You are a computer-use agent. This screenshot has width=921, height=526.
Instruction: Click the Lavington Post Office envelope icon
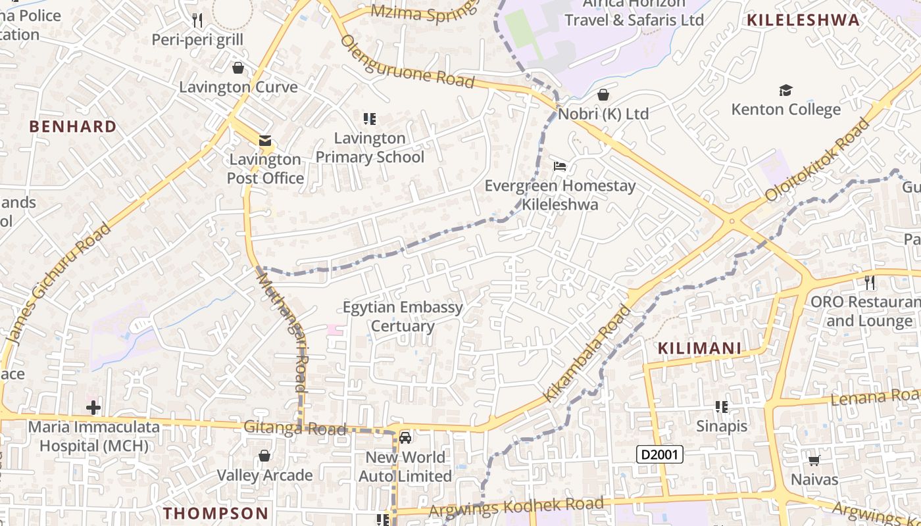(x=264, y=141)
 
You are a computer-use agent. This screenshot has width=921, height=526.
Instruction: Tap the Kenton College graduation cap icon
(x=785, y=91)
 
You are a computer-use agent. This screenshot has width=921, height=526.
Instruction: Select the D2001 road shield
(x=660, y=454)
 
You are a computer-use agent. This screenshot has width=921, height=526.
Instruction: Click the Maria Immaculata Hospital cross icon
(x=93, y=408)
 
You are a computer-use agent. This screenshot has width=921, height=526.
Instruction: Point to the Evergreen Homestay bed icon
(x=560, y=166)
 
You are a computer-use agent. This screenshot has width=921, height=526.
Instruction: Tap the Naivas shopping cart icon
(x=814, y=460)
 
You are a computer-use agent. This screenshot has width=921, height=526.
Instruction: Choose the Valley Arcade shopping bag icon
(x=264, y=456)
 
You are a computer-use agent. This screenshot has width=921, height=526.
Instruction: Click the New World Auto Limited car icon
(x=405, y=438)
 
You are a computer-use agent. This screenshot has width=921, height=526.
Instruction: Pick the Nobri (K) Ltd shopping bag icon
(x=603, y=95)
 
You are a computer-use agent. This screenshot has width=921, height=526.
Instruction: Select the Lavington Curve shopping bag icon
(x=238, y=68)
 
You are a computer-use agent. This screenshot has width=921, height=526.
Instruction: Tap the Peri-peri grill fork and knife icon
(x=197, y=20)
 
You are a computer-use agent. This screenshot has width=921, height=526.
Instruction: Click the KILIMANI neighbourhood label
(x=699, y=348)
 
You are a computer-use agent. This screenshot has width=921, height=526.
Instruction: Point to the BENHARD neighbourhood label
(x=73, y=126)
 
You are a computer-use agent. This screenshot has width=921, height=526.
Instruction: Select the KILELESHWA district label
(x=803, y=20)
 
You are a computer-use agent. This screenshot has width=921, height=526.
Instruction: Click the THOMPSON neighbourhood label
(x=216, y=513)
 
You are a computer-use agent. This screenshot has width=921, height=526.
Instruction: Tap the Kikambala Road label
(x=587, y=353)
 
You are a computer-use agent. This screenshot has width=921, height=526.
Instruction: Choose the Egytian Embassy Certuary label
(x=403, y=316)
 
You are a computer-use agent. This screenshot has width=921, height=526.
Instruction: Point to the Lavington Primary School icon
(x=370, y=119)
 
